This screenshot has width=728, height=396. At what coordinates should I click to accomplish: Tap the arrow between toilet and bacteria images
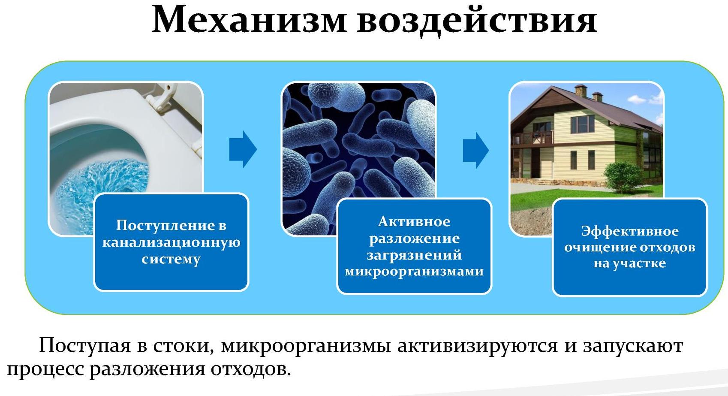pyautogui.click(x=243, y=149)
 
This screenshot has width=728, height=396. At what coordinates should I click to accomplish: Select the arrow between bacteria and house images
pyautogui.click(x=476, y=150)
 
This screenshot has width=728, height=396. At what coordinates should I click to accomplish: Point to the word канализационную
pyautogui.click(x=171, y=242)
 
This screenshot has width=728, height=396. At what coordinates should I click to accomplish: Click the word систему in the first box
pyautogui.click(x=171, y=260)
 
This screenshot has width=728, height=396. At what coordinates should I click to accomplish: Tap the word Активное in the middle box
pyautogui.click(x=414, y=221)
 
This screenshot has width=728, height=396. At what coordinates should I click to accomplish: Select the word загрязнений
pyautogui.click(x=414, y=255)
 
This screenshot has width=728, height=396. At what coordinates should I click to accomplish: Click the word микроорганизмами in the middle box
pyautogui.click(x=414, y=272)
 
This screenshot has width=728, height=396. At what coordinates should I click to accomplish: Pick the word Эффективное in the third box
pyautogui.click(x=630, y=231)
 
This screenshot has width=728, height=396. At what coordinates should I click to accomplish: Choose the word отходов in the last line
pyautogui.click(x=251, y=369)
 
